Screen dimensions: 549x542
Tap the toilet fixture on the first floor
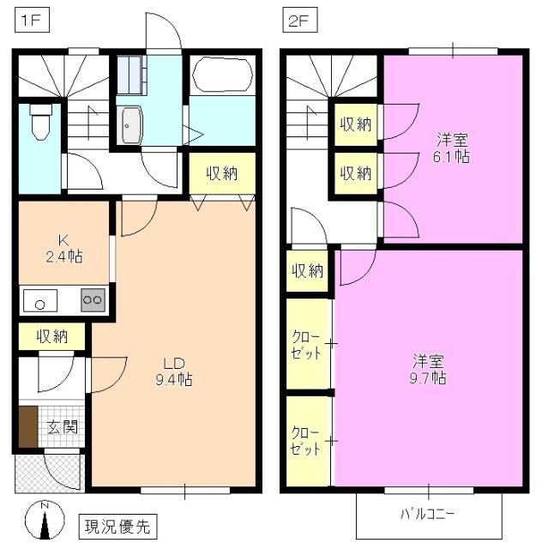(x=39, y=124)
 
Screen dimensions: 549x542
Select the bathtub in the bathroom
(x=221, y=75)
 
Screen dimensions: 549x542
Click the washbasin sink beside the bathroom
(x=131, y=126)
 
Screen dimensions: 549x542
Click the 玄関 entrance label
(x=62, y=425)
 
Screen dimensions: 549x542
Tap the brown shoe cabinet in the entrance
(x=28, y=426)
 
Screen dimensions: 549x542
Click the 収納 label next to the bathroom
(x=221, y=174)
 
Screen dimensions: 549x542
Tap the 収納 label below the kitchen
(x=52, y=337)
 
